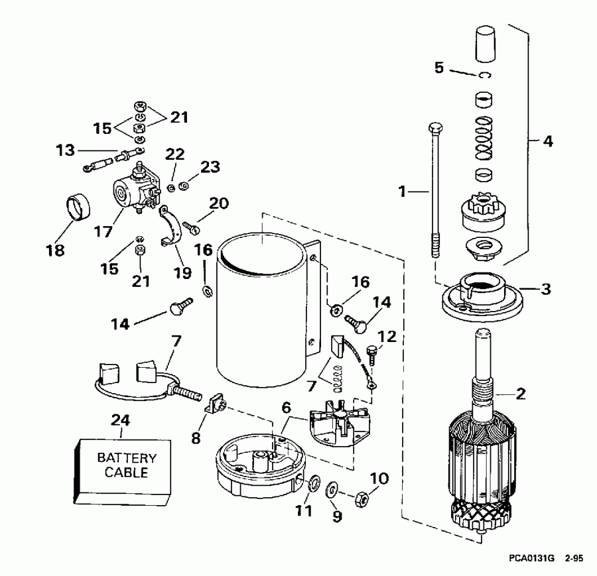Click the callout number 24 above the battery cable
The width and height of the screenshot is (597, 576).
coord(121,420)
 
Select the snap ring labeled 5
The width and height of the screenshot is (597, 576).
coord(486,75)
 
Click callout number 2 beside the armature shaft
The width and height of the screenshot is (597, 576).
coord(521,395)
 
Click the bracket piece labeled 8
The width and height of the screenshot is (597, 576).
coord(214,402)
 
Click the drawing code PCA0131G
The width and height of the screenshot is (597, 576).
coord(532,558)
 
